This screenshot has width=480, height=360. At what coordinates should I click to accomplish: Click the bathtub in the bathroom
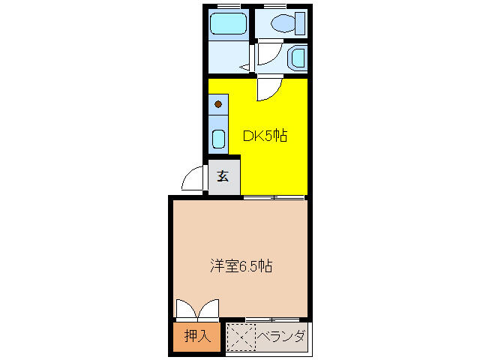(228, 23)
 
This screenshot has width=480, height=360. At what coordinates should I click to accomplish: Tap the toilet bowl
(283, 23)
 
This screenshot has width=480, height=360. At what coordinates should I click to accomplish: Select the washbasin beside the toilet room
(298, 58)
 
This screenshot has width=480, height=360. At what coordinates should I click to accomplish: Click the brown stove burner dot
(218, 104)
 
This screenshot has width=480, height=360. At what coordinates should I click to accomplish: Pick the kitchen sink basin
(218, 139)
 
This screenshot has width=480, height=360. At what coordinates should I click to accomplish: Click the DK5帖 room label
(265, 136)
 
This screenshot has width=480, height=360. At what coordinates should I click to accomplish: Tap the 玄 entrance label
(223, 175)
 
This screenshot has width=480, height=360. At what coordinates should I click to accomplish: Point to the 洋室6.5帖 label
(241, 265)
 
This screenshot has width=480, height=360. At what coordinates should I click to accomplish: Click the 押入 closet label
(197, 336)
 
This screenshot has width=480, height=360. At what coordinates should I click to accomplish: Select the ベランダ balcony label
(281, 337)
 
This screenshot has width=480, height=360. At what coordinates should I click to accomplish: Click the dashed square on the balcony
(241, 337)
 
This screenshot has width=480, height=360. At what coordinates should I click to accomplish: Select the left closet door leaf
(186, 308)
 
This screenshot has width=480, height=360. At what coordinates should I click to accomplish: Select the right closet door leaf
(208, 308)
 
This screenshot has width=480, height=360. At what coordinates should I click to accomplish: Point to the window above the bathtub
(229, 6)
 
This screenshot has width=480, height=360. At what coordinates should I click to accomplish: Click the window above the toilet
(274, 6)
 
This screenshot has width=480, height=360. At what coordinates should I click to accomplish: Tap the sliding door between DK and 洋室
(274, 197)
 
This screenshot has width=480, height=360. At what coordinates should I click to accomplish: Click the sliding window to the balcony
(272, 320)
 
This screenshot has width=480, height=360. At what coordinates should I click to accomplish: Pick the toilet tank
(300, 23)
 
